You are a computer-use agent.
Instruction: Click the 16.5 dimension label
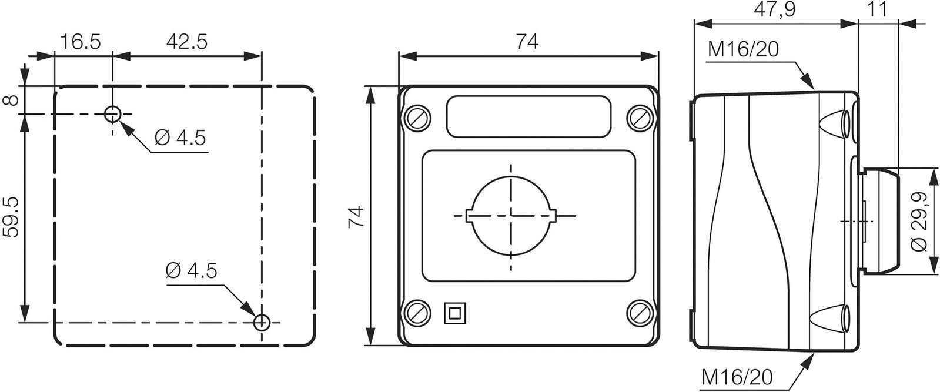click(81, 42)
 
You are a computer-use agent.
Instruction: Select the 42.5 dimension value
click(187, 42)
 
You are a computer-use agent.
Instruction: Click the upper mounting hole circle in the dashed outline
click(112, 114)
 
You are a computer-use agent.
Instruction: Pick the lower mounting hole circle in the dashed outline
click(262, 322)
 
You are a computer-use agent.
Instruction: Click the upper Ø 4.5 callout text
click(180, 138)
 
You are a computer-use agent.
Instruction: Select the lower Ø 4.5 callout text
click(191, 271)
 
